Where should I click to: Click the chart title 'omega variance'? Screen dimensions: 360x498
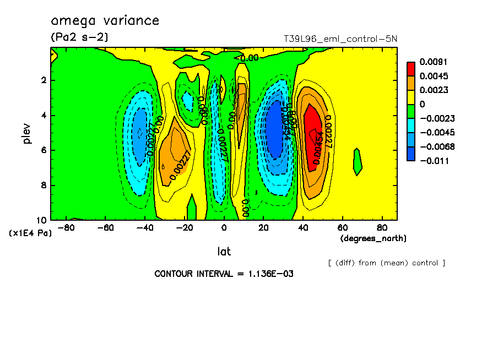point(105,21)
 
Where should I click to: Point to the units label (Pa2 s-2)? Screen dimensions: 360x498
point(79,37)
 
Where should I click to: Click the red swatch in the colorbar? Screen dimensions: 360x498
point(411,68)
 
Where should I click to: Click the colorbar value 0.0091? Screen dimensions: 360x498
point(434,62)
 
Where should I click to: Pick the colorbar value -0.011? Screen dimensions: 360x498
point(434,161)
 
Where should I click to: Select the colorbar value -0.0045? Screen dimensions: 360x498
point(435,133)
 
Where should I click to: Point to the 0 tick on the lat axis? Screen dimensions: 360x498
point(224,227)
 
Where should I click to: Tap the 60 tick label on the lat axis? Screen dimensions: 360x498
point(342,227)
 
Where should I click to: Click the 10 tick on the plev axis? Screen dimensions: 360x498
point(44,220)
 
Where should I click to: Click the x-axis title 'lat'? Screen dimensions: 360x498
point(224,252)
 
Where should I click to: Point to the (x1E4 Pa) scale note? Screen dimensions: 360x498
point(30,233)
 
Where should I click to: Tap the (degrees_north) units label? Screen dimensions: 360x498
point(373,238)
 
